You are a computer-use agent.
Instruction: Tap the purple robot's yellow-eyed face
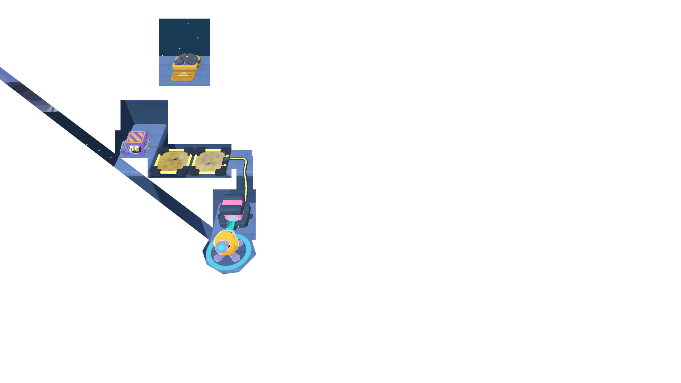pyautogui.click(x=134, y=149)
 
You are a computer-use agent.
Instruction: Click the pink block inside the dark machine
pyautogui.click(x=232, y=203)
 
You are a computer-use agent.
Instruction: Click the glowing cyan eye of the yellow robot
pyautogui.click(x=221, y=248)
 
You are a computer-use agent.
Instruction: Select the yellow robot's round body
pyautogui.click(x=228, y=241)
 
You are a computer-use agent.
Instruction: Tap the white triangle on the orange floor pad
pyautogui.click(x=183, y=74)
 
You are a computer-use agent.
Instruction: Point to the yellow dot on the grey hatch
pyautogui.click(x=187, y=56)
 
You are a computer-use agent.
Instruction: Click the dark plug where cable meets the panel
pyautogui.click(x=226, y=159)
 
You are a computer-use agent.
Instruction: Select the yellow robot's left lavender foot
pyautogui.click(x=218, y=258)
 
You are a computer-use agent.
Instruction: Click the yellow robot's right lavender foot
pyautogui.click(x=236, y=258)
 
